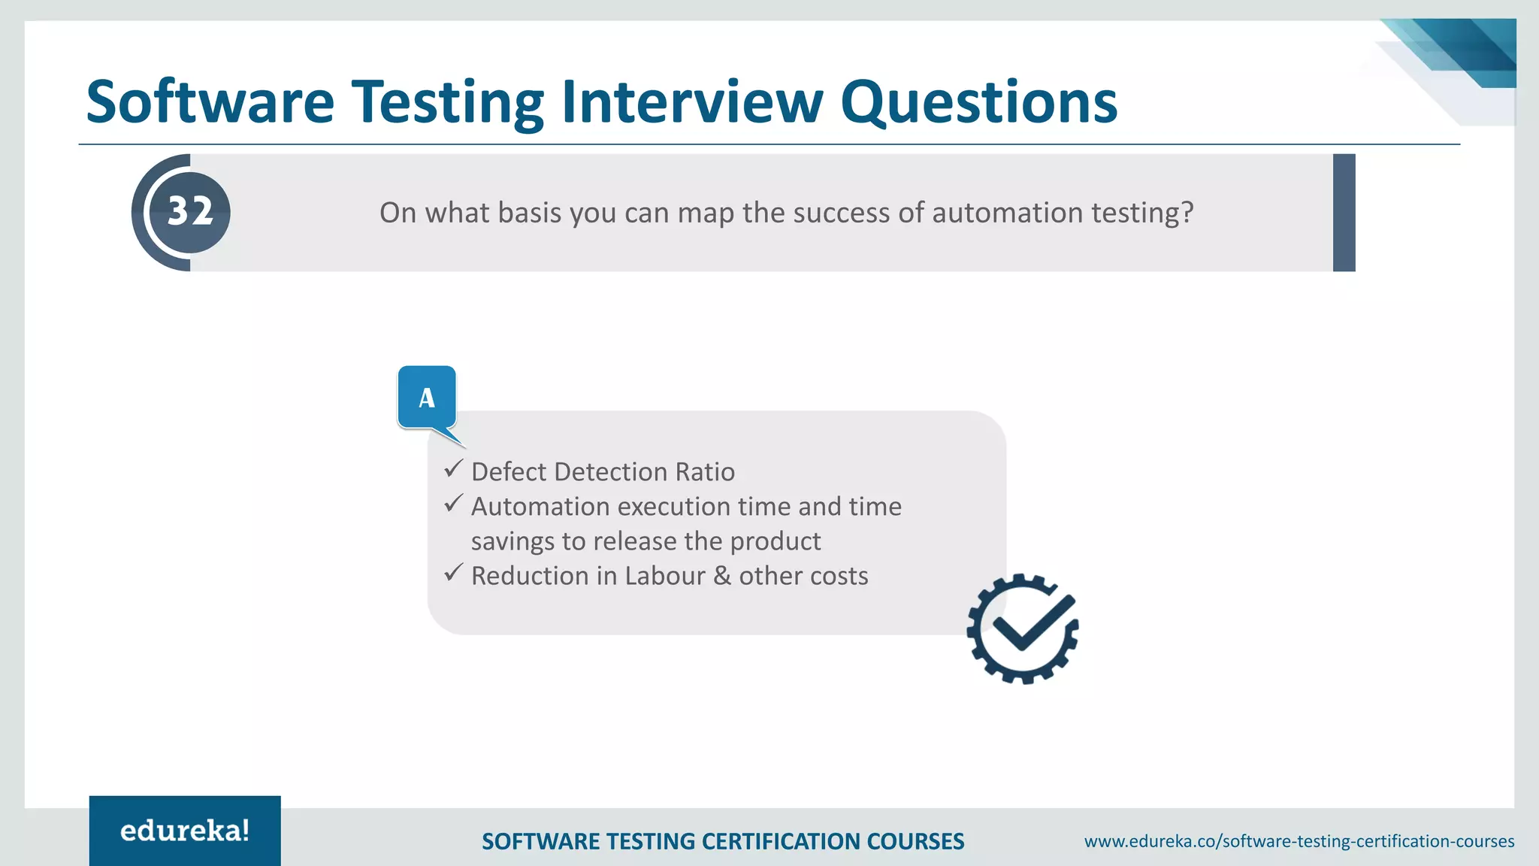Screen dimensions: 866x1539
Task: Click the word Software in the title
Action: coord(210,102)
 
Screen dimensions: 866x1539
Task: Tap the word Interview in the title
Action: coord(692,102)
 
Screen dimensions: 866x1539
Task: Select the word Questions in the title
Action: coord(978,102)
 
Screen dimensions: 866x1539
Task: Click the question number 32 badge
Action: coord(189,212)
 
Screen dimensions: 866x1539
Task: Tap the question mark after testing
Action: coord(1187,213)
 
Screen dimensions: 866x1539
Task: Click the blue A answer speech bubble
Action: coord(427,398)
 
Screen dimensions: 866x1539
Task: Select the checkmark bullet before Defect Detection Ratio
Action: coord(452,469)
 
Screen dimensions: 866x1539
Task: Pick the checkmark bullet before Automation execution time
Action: coord(452,504)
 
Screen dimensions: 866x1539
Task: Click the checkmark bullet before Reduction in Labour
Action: coord(452,574)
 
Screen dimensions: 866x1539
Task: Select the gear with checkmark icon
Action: coord(1023,628)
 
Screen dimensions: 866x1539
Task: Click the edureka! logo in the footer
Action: coord(185,831)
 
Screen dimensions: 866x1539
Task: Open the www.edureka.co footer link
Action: coord(1299,841)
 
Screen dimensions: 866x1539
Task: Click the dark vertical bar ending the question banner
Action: coord(1344,213)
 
